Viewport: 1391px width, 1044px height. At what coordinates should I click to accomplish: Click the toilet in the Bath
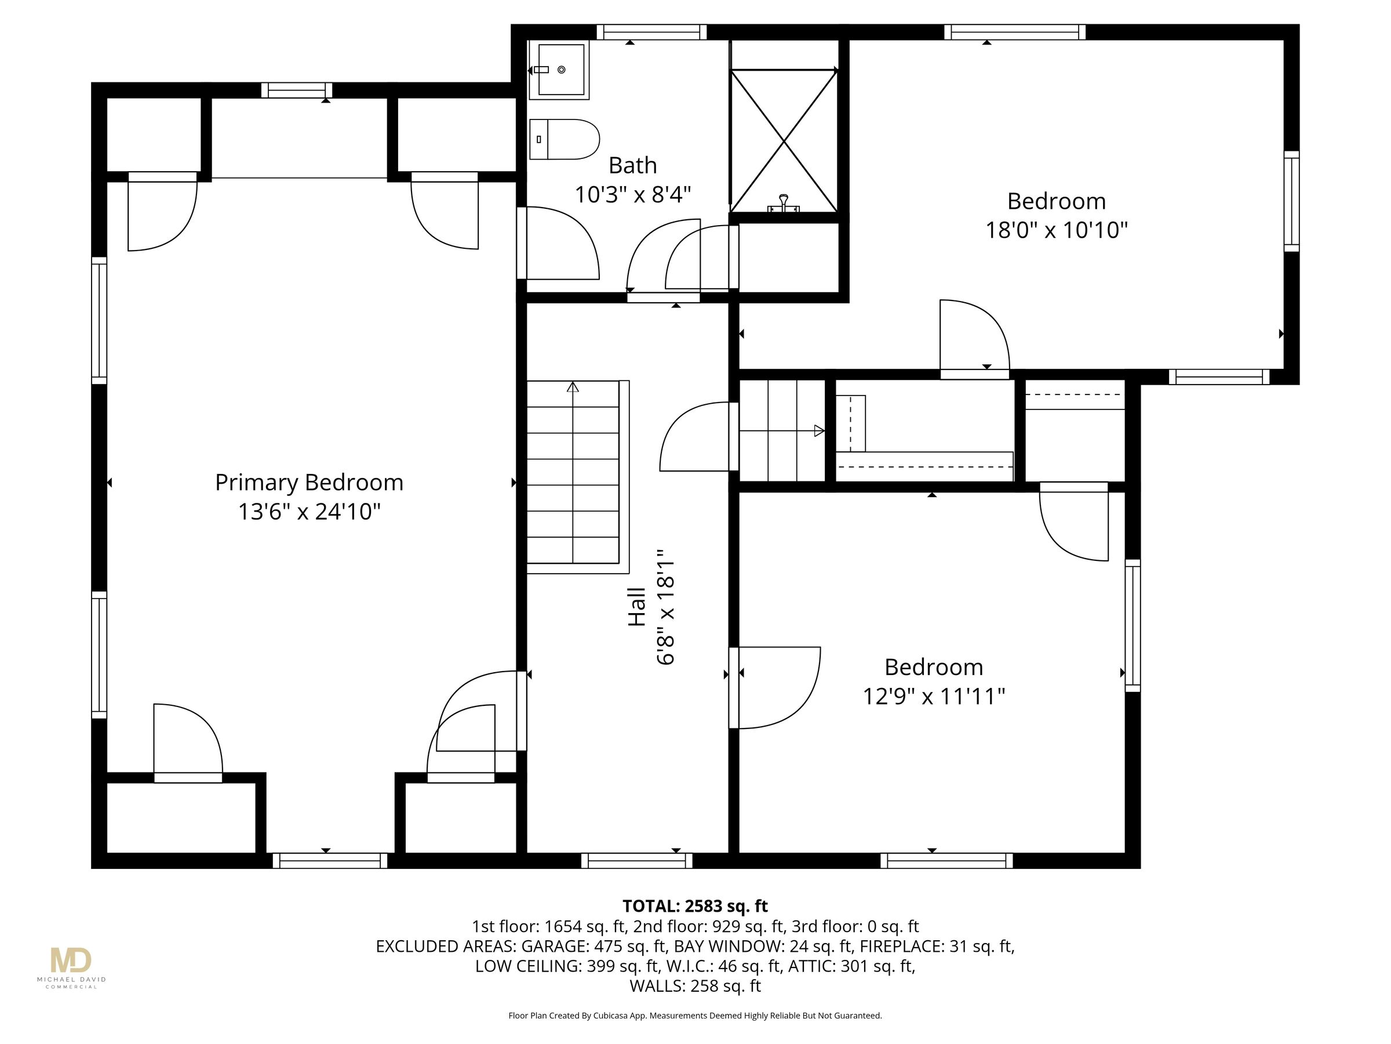(x=564, y=139)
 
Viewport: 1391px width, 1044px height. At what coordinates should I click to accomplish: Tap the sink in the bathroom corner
(x=559, y=70)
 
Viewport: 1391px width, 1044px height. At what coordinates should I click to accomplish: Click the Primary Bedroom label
(x=309, y=483)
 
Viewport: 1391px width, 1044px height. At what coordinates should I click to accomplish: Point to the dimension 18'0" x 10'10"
(x=1056, y=230)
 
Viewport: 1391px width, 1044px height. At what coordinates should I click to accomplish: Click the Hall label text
(x=637, y=607)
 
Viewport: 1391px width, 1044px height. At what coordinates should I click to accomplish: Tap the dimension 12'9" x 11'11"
(x=933, y=697)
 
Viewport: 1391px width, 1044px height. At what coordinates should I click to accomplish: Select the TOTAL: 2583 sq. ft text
(x=695, y=906)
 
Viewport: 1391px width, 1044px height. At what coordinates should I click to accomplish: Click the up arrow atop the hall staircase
(x=572, y=387)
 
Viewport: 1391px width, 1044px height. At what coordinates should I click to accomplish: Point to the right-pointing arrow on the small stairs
(x=819, y=431)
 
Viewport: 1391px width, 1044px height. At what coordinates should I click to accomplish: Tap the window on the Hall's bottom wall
(x=636, y=860)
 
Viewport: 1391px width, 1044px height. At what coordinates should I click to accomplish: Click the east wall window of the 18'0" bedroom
(x=1291, y=201)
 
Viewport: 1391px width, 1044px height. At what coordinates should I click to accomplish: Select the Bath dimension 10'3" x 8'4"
(x=633, y=195)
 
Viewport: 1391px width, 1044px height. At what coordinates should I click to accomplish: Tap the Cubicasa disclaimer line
(x=695, y=1015)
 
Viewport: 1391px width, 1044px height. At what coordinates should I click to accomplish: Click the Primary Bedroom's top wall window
(x=297, y=90)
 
